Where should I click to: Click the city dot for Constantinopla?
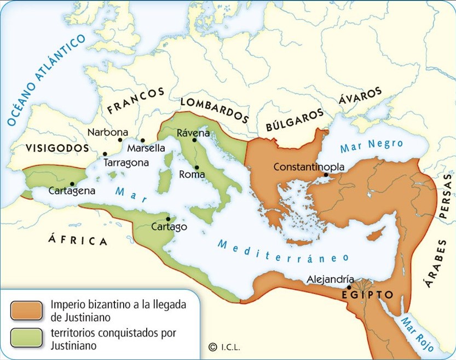point(326,175)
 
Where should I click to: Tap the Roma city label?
point(192,175)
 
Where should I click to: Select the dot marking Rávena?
point(194,140)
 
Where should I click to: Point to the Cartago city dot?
point(168,219)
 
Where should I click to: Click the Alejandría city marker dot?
point(349,287)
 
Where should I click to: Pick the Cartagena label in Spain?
point(72,191)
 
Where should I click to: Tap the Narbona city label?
point(108,132)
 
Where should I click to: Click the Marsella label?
point(146,148)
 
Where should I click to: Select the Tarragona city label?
point(126,163)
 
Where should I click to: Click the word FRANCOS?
point(136,100)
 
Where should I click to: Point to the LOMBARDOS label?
point(214,110)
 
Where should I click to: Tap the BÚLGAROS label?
point(295,119)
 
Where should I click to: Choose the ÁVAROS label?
point(360,95)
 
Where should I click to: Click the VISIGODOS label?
point(57,148)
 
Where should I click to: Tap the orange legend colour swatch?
point(26,310)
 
